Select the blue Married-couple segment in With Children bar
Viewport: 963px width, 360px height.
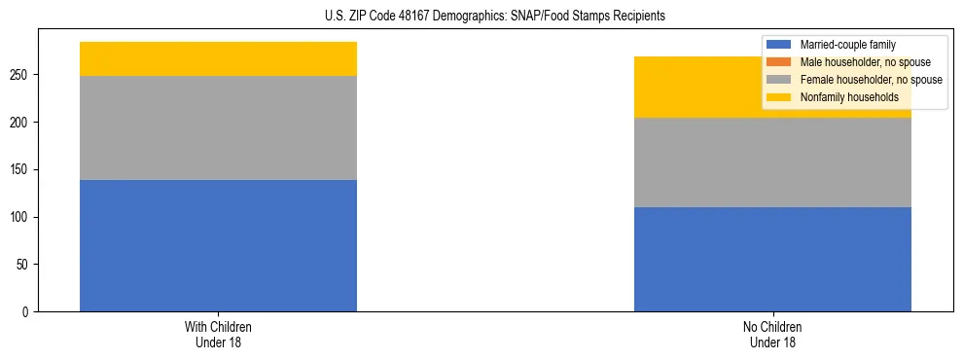pyautogui.click(x=218, y=245)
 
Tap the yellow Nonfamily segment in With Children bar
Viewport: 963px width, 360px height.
pyautogui.click(x=218, y=58)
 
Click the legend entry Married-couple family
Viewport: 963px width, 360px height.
pyautogui.click(x=847, y=45)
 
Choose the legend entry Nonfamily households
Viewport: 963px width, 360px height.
pyautogui.click(x=848, y=97)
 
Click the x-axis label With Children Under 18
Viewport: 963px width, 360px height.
pyautogui.click(x=218, y=334)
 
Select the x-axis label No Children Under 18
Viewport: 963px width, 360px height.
pyautogui.click(x=772, y=334)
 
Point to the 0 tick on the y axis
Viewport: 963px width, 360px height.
pyautogui.click(x=27, y=312)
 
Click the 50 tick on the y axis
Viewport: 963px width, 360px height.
pyautogui.click(x=24, y=265)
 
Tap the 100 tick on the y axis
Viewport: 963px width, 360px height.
pyautogui.click(x=21, y=217)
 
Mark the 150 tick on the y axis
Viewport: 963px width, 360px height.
pyautogui.click(x=21, y=169)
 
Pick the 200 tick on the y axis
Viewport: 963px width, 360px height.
pyautogui.click(x=21, y=123)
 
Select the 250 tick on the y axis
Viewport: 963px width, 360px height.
pyautogui.click(x=21, y=75)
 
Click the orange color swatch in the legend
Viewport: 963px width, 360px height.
pyautogui.click(x=779, y=62)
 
